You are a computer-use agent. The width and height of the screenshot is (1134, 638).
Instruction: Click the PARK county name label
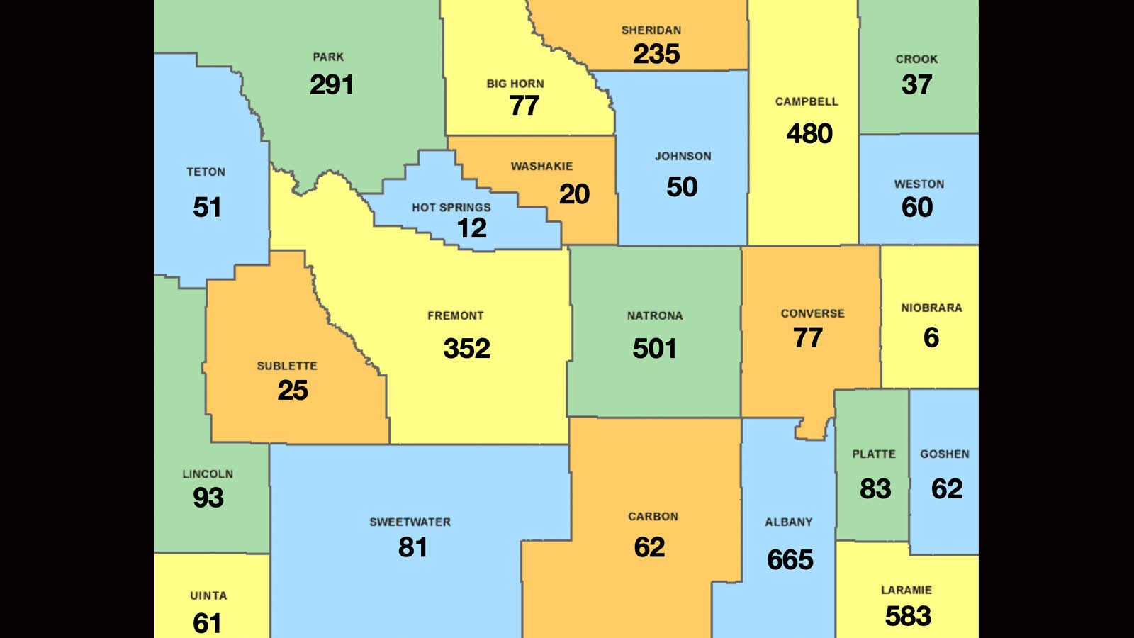pos(328,57)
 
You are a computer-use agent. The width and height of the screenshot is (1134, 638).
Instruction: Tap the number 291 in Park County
pos(331,85)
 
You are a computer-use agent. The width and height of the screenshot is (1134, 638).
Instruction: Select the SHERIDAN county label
pos(651,30)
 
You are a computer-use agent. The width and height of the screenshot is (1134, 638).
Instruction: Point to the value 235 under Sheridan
pos(656,54)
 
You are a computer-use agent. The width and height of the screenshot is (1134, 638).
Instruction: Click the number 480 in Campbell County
pos(809,133)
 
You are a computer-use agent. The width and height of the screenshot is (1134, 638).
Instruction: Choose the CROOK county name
pos(916,60)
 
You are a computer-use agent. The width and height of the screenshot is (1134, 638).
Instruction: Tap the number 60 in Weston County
pos(916,207)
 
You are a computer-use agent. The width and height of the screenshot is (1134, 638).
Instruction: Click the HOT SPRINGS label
pos(451,208)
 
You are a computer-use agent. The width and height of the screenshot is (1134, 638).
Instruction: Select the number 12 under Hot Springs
pos(471,228)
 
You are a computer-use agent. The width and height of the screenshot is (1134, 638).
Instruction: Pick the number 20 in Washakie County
pos(573,194)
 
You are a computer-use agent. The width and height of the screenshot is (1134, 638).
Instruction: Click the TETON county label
pos(206,172)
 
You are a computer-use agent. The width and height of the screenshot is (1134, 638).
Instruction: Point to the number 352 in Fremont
pos(466,348)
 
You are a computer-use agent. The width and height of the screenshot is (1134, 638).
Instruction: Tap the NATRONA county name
pos(654,316)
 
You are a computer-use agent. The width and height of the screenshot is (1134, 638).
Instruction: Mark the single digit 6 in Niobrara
pos(931,337)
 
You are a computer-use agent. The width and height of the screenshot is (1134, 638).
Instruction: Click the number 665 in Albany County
pos(790,560)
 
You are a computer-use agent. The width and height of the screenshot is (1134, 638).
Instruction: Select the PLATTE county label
pos(873,454)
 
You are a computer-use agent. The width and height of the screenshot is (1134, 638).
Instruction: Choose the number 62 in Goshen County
pos(946,488)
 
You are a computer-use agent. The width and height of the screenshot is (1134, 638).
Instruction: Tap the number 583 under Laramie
pos(907,616)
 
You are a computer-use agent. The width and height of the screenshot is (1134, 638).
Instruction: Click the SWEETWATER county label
pos(410,522)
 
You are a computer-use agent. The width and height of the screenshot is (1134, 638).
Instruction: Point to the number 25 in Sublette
pos(292,390)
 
